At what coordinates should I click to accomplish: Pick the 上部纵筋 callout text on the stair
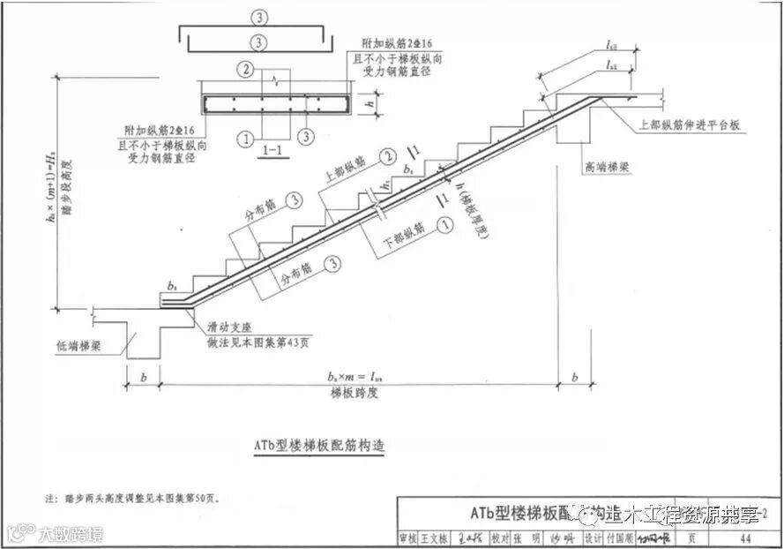point(346,171)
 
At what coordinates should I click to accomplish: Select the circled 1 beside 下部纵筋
point(445,227)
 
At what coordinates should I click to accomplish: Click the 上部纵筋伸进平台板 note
point(691,127)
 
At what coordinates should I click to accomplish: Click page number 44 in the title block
point(745,538)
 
